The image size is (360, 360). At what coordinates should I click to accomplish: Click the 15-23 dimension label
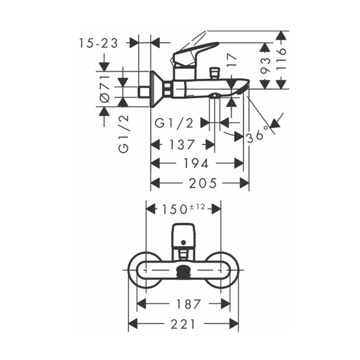pyautogui.click(x=99, y=43)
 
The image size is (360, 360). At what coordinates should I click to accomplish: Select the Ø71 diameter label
pyautogui.click(x=104, y=89)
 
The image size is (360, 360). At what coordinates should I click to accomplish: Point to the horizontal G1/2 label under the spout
pyautogui.click(x=174, y=123)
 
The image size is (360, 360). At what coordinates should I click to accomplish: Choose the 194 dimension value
pyautogui.click(x=196, y=164)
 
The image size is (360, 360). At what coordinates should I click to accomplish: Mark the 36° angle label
pyautogui.click(x=258, y=134)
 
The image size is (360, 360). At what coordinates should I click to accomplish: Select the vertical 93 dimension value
pyautogui.click(x=265, y=65)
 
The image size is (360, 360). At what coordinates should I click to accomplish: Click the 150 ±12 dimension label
pyautogui.click(x=183, y=208)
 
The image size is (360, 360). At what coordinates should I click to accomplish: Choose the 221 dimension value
pyautogui.click(x=183, y=324)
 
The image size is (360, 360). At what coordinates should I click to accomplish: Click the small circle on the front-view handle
pyautogui.click(x=184, y=243)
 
